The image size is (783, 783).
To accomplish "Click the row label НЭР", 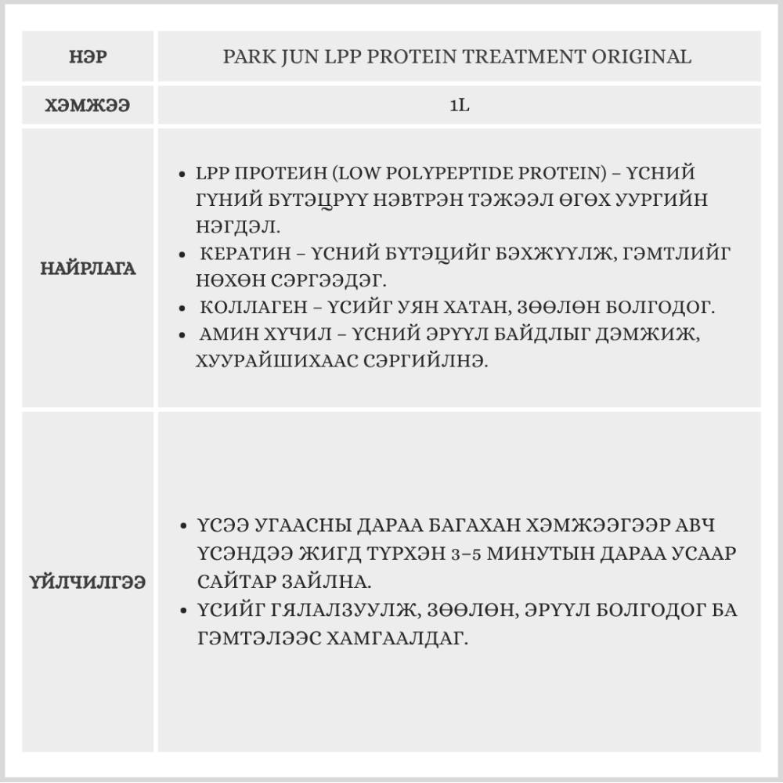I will [88, 57].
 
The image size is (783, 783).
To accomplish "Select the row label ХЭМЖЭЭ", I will [88, 106].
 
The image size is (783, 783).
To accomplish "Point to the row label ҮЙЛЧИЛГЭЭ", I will [88, 583].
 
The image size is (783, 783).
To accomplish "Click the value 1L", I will [459, 106].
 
